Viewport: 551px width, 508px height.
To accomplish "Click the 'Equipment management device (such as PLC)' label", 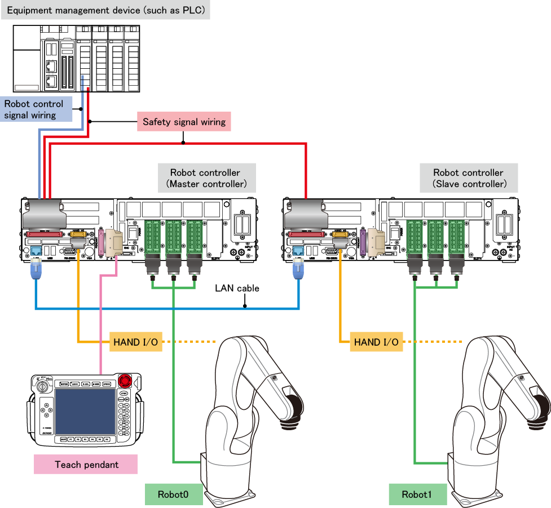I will (105, 11).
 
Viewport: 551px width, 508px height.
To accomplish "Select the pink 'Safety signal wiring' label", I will (184, 122).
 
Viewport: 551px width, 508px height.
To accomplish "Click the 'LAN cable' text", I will (237, 288).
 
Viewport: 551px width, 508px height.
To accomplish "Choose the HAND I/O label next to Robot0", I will (136, 342).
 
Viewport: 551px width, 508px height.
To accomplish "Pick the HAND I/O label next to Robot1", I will (376, 342).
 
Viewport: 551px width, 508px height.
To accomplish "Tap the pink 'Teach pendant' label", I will (86, 465).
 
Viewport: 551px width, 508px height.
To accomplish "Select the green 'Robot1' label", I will (417, 494).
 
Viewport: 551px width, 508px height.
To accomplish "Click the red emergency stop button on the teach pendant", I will (125, 379).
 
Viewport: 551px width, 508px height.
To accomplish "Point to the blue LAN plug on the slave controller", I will (298, 272).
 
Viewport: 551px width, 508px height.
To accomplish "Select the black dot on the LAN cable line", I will (245, 307).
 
